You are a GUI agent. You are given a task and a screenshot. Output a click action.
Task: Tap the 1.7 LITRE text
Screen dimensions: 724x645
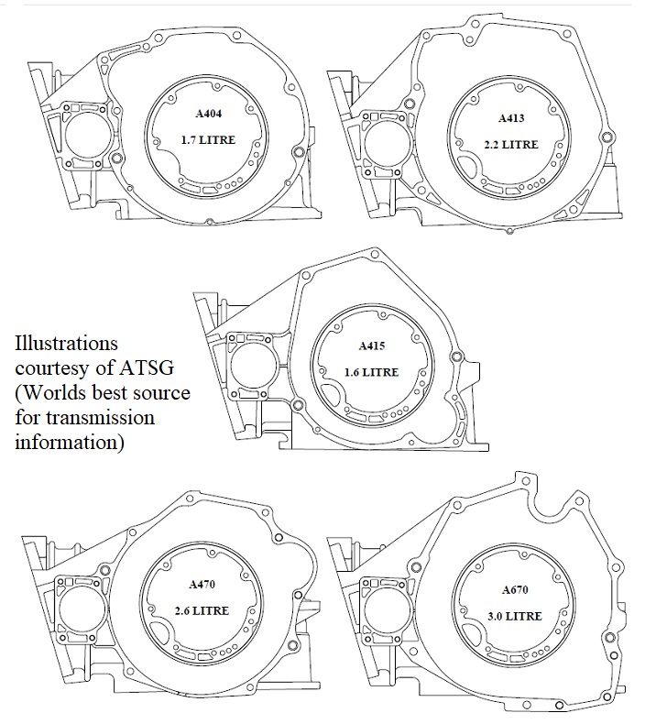click(x=210, y=141)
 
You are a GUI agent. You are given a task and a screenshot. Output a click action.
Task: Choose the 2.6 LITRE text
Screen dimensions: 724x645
click(x=202, y=610)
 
